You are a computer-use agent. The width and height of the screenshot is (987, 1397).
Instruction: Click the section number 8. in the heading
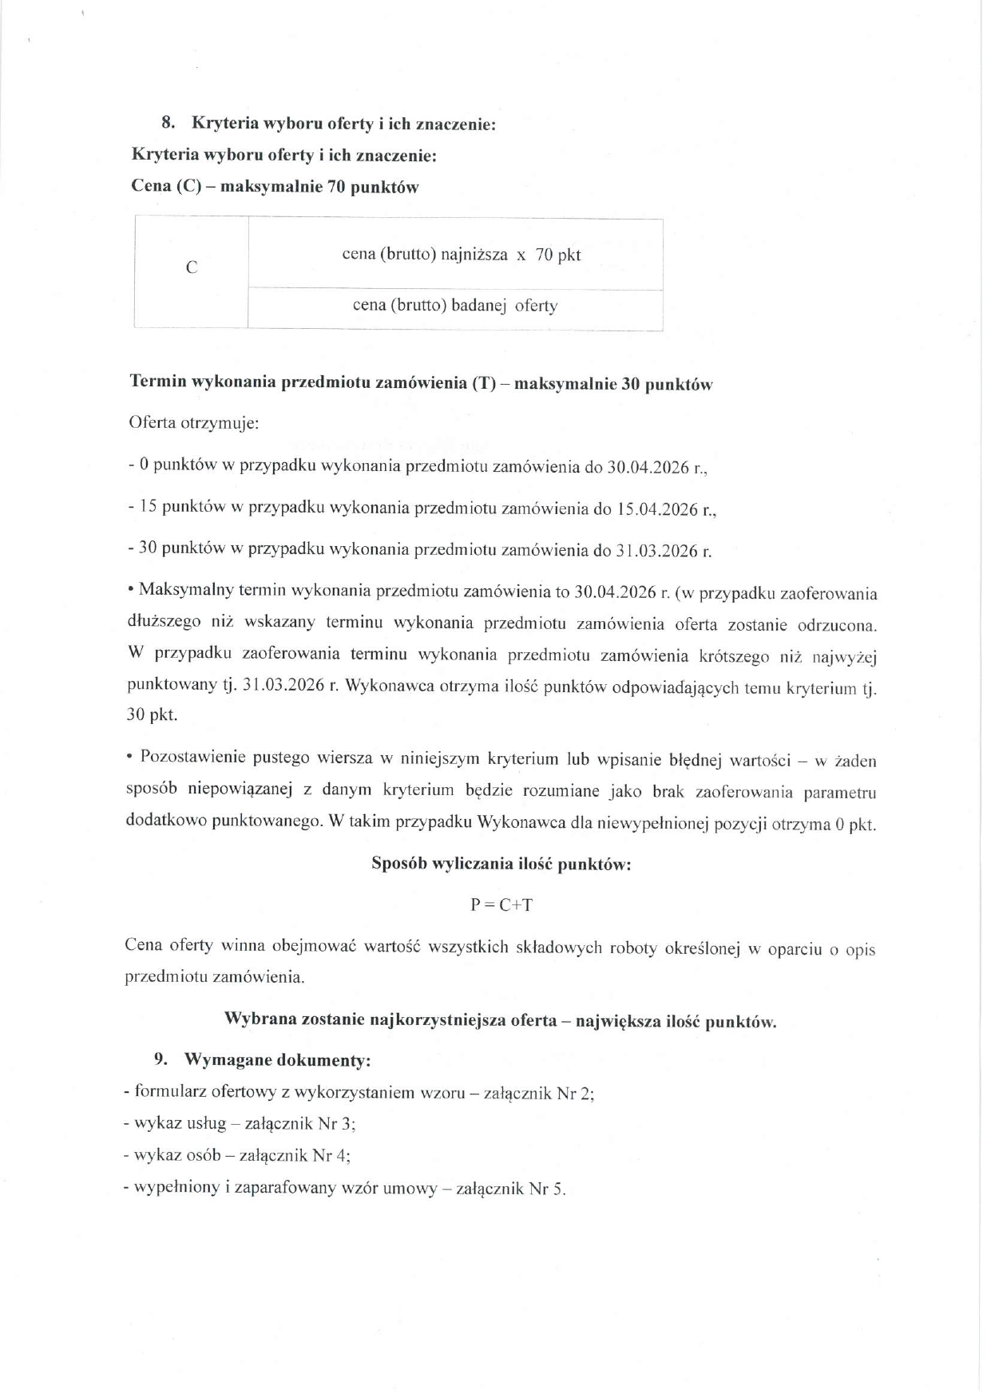point(168,123)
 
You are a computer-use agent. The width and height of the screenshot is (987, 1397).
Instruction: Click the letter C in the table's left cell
point(191,268)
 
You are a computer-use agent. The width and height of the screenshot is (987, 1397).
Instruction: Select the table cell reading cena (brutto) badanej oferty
point(455,306)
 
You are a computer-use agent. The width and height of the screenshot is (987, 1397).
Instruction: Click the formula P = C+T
point(501,904)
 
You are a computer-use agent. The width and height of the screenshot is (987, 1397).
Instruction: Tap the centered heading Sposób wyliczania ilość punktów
point(501,865)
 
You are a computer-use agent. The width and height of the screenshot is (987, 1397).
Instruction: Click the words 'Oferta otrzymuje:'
point(194,422)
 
